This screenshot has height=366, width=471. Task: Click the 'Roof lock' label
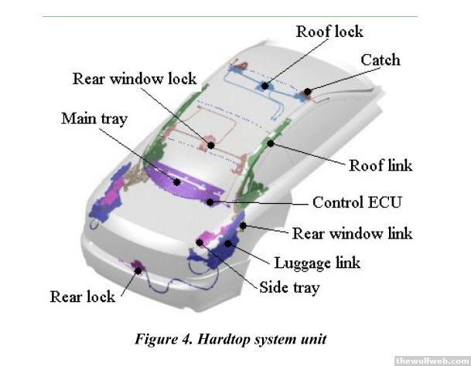tap(329, 32)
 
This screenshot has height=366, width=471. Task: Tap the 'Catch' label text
tap(381, 59)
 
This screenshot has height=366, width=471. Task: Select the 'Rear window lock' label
tap(135, 79)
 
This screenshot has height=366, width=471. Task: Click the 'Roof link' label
tap(381, 166)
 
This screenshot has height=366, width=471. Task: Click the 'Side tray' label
tap(290, 288)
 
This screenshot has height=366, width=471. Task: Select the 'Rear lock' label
tap(83, 297)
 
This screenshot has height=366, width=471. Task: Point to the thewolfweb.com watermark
tap(432, 360)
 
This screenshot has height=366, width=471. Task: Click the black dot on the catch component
tap(307, 91)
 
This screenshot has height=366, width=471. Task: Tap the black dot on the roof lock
tap(265, 86)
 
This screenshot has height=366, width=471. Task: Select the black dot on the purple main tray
tap(178, 182)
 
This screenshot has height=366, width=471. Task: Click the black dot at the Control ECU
tap(210, 202)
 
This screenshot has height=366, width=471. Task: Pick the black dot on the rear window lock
tap(210, 144)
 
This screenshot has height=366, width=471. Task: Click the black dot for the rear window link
tap(244, 226)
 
